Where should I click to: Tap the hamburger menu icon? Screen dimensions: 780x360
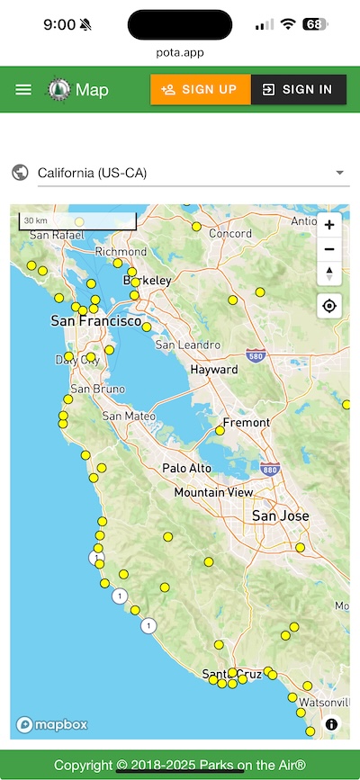point(23,89)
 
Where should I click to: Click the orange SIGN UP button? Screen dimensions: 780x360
point(200,89)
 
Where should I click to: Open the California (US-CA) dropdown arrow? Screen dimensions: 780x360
point(339,173)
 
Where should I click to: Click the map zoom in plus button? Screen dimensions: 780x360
point(329,225)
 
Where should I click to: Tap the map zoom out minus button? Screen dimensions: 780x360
point(329,249)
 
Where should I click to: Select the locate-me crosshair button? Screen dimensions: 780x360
point(329,306)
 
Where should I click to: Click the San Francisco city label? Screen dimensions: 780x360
point(95,321)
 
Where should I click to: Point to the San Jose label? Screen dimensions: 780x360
point(280,516)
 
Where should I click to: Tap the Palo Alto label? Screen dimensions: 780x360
point(186,468)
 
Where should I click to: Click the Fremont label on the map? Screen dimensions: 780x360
point(246,422)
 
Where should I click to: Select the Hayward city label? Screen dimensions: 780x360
point(213,370)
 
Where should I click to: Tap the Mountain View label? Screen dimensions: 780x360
point(213,493)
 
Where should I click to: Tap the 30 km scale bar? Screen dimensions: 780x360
point(77,221)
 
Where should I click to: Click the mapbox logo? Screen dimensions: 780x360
point(50,724)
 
